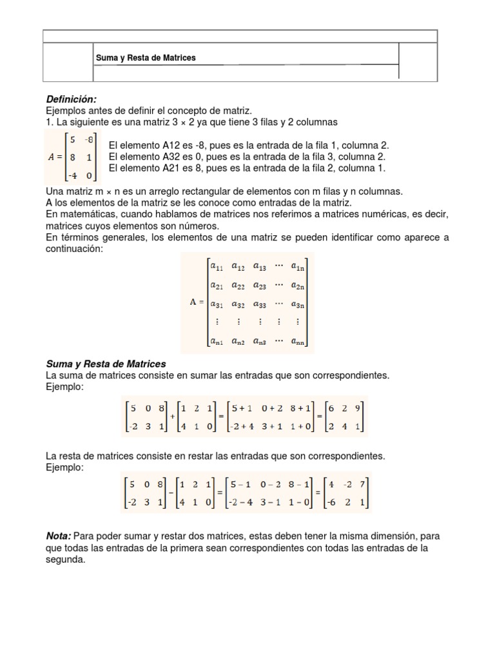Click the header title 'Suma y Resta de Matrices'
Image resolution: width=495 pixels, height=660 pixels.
click(x=146, y=58)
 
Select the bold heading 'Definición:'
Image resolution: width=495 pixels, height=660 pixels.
click(x=71, y=99)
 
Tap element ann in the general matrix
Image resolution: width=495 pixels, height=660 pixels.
click(x=298, y=342)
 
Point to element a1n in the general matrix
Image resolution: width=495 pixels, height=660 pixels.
click(x=298, y=265)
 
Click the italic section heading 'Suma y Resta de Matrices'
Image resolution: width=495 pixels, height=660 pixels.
click(x=106, y=364)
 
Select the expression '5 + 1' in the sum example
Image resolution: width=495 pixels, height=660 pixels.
click(x=240, y=407)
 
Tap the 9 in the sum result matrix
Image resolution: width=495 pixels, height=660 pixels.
click(x=358, y=407)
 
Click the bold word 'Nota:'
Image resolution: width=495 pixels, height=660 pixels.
click(x=59, y=536)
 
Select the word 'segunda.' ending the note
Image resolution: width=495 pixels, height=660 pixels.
click(x=66, y=560)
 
